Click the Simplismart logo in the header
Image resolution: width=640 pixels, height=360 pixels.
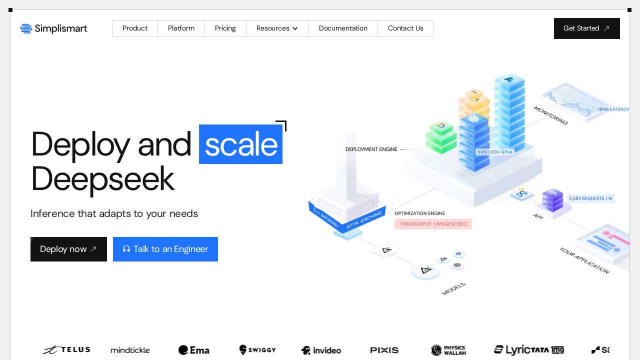(x=53, y=28)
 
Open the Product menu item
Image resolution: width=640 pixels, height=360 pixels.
(x=135, y=28)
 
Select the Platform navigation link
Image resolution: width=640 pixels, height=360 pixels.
(x=181, y=28)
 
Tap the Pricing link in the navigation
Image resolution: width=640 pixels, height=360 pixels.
(x=225, y=28)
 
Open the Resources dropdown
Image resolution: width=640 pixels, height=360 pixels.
(x=277, y=28)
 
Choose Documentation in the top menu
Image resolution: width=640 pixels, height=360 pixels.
(x=343, y=28)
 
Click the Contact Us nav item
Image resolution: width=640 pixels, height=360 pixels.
(x=405, y=28)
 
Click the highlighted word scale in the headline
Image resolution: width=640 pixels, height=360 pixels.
(x=240, y=144)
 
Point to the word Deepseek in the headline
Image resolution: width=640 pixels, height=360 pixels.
(x=102, y=179)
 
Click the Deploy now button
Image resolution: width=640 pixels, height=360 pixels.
(x=68, y=249)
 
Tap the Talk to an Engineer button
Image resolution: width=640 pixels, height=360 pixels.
(x=165, y=249)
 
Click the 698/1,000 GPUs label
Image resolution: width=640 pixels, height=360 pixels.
(x=495, y=152)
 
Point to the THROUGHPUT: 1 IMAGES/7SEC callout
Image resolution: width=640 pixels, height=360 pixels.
(x=433, y=224)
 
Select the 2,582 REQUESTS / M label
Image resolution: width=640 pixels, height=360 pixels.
(x=590, y=198)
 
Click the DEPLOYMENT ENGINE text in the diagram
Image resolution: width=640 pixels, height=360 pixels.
(x=371, y=149)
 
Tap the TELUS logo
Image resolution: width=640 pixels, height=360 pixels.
(x=66, y=350)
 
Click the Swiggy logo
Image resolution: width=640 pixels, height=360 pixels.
(x=257, y=350)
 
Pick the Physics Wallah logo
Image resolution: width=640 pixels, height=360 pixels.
(x=448, y=350)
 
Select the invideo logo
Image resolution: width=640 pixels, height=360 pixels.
(x=321, y=350)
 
